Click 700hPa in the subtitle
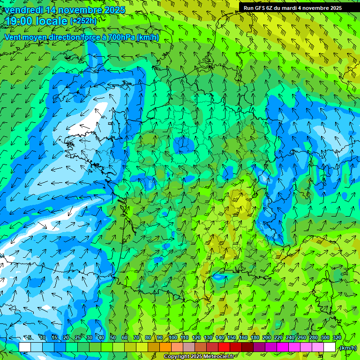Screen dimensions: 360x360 (x=121, y=37)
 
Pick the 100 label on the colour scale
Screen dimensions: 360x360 (x=173, y=338)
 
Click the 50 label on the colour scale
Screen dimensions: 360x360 (x=113, y=338)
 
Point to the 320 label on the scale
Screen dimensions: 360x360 (x=337, y=338)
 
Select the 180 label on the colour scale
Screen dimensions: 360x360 (x=255, y=338)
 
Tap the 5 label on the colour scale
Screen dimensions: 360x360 (x=30, y=338)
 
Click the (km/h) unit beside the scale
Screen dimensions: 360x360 (x=347, y=348)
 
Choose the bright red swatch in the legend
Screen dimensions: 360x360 (x=224, y=347)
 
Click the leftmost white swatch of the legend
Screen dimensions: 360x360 (x=25, y=347)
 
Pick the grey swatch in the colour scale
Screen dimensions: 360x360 (x=189, y=347)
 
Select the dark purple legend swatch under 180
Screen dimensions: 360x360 (x=259, y=347)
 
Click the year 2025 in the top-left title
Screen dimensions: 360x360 (x=114, y=10)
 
